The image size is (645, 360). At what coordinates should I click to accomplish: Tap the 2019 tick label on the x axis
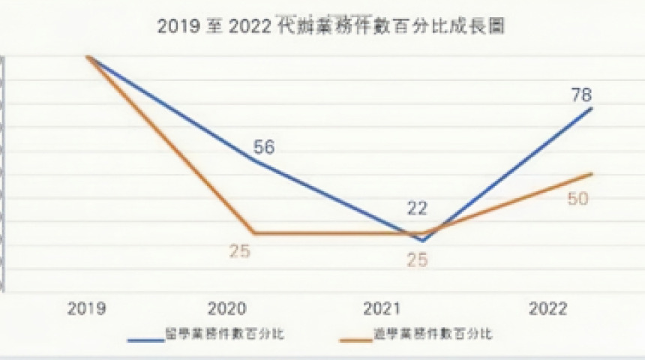[86, 308]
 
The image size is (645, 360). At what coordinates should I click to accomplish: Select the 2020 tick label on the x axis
[230, 308]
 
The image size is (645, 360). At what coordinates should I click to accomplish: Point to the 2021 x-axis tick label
[382, 308]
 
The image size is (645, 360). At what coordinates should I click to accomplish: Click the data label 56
[263, 147]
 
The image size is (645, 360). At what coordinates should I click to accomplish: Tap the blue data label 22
[416, 208]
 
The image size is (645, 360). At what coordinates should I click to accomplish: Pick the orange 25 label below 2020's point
[240, 252]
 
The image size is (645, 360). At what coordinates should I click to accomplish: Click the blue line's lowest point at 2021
[423, 241]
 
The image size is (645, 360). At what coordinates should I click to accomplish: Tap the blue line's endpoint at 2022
[592, 108]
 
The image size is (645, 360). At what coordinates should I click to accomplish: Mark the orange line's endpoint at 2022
[592, 174]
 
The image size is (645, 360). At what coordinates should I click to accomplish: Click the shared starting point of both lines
[88, 56]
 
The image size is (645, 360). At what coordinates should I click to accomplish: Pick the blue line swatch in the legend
[145, 339]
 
